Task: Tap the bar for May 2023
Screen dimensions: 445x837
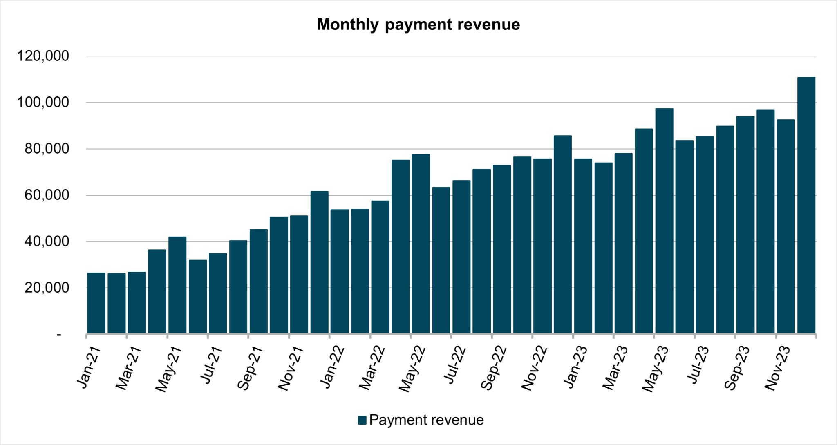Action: pyautogui.click(x=664, y=221)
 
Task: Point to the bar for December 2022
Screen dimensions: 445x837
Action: pyautogui.click(x=563, y=235)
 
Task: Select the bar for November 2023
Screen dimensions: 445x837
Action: pyautogui.click(x=786, y=227)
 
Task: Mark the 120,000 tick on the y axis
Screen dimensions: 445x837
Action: pyautogui.click(x=43, y=56)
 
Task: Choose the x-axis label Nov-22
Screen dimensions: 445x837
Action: pyautogui.click(x=534, y=368)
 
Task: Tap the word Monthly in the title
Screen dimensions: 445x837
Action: pyautogui.click(x=348, y=25)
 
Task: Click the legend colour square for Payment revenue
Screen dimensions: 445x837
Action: pyautogui.click(x=362, y=420)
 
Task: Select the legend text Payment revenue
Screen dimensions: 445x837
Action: pyautogui.click(x=426, y=420)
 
